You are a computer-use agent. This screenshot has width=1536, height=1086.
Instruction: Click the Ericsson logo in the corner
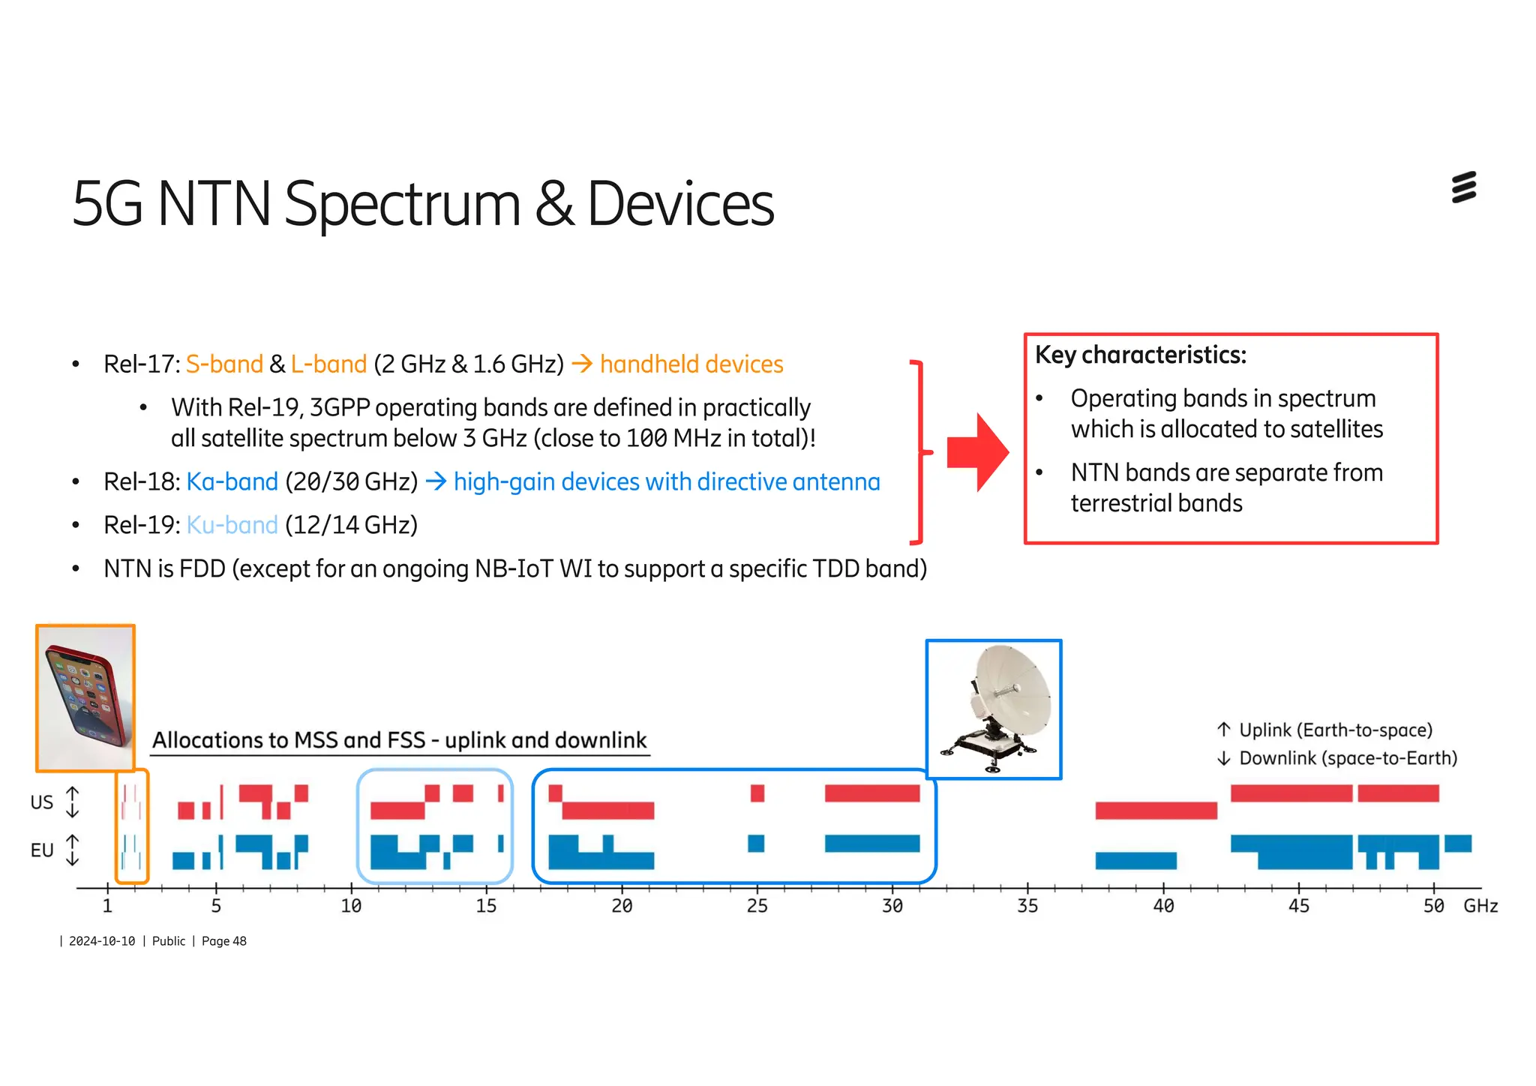pos(1463,187)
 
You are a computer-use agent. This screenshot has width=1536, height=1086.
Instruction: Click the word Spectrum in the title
pos(402,205)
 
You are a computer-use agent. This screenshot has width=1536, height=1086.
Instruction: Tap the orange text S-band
pos(224,364)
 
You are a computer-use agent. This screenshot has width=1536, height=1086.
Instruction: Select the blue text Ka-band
pos(232,481)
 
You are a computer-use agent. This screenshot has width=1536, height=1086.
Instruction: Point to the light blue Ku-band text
pos(232,525)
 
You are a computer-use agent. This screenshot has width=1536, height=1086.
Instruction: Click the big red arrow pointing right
pos(977,452)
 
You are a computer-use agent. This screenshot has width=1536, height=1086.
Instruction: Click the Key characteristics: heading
pos(1140,355)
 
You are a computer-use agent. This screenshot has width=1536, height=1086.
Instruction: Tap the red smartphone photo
pos(85,698)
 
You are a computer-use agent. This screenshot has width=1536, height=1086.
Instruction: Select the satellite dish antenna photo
pos(994,709)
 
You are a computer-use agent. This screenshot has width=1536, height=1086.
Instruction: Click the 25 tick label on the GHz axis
pos(757,906)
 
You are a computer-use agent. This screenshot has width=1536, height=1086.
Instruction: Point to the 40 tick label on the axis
pos(1162,906)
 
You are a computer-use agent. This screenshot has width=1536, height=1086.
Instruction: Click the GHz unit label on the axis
pos(1480,906)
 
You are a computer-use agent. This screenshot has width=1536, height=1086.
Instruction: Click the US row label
pos(41,802)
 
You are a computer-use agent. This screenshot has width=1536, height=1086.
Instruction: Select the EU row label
pos(41,850)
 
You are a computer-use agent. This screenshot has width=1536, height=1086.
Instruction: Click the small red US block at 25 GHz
pos(757,793)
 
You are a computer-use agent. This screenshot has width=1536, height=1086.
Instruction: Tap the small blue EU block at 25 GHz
pos(756,843)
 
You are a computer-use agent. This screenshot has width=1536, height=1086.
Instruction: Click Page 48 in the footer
pos(223,941)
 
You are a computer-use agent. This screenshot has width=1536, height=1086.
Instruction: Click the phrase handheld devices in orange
pos(691,364)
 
